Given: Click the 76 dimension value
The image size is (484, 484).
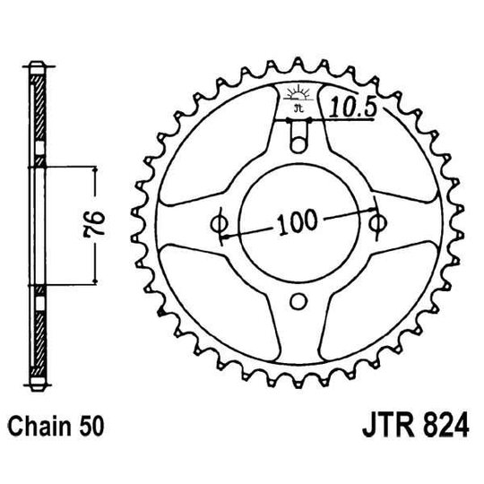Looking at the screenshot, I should click(x=99, y=221).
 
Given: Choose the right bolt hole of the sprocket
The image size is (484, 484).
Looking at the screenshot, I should click(x=377, y=221).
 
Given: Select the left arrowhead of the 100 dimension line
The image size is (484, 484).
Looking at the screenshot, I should click(x=226, y=235).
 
